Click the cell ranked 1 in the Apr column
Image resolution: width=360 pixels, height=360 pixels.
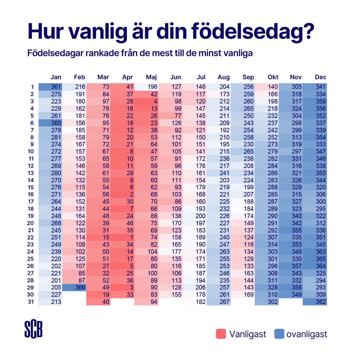pos(122,237)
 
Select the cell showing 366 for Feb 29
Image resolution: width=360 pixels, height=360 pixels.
pos(74,287)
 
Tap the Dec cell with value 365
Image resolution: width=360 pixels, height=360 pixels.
pos(315,259)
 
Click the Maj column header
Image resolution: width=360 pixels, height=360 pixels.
pos(151,77)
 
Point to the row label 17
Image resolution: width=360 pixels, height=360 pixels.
pos(31,202)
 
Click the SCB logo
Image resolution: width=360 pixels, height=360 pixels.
pos(33,329)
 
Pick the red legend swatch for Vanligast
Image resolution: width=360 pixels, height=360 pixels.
pos(221,334)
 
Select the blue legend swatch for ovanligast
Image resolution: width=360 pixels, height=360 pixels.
pos(279,334)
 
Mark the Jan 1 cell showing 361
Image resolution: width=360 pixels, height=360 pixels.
pos(50,87)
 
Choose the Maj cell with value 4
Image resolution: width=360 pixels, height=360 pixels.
pos(146,101)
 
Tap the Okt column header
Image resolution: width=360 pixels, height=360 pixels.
pos(273,77)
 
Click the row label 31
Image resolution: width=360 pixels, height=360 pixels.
pos(31,302)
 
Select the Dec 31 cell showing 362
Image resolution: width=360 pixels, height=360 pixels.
pos(315,302)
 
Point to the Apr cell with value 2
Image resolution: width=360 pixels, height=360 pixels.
pos(122,194)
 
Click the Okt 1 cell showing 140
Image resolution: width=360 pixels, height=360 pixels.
pos(267,87)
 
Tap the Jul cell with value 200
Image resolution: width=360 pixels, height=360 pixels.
pos(194,216)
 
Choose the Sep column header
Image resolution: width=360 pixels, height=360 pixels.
pos(248,77)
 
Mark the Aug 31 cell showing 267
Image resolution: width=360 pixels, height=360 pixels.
pos(219,302)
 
